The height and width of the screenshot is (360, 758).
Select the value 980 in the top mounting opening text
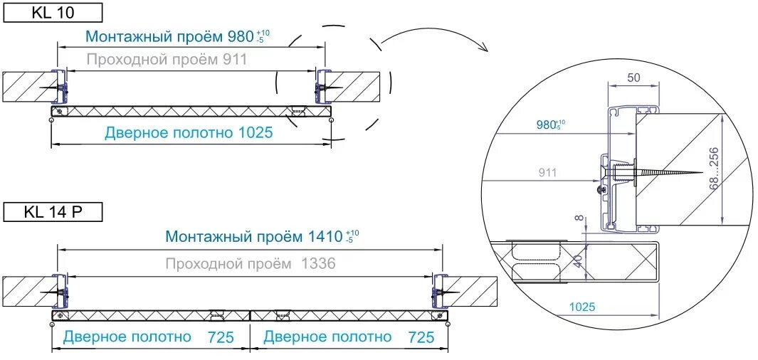pyautogui.click(x=240, y=36)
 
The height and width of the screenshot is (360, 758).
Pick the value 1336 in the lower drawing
pyautogui.click(x=316, y=264)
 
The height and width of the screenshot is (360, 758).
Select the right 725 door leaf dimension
pyautogui.click(x=422, y=337)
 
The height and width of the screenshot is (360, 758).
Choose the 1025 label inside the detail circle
pyautogui.click(x=581, y=307)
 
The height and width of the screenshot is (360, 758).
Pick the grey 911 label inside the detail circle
pyautogui.click(x=548, y=172)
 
